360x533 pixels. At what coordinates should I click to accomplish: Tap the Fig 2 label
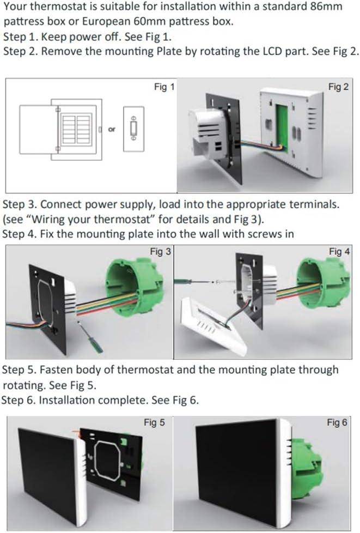coord(338,87)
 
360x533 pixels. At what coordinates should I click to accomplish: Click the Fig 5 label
coord(154,422)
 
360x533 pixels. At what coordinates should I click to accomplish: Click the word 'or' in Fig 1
coord(112,129)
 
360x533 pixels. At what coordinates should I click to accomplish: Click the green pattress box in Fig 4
coord(321,289)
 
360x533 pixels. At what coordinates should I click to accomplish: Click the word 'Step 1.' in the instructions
coord(20,38)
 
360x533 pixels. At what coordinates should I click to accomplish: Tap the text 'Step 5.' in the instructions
coord(20,370)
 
